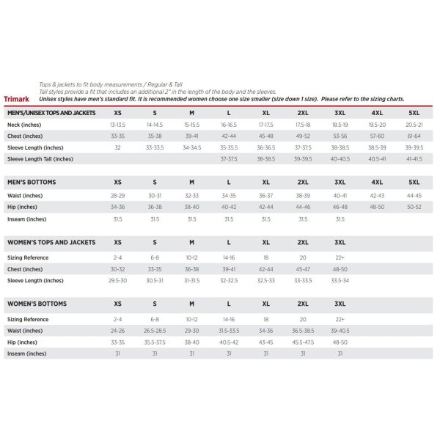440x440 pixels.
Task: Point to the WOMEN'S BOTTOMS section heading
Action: pos(37,304)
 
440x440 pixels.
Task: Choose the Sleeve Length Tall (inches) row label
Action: pos(40,158)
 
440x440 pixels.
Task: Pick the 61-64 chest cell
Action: pos(414,136)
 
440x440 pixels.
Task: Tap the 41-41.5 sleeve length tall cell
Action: pos(414,158)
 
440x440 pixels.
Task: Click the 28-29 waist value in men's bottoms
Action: pos(117,196)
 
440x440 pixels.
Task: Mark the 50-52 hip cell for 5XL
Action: pos(414,207)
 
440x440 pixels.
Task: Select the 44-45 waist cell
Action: pos(414,196)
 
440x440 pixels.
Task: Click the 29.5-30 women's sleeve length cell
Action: pos(117,280)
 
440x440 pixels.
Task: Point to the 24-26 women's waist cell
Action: pos(117,331)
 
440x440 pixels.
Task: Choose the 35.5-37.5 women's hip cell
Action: pos(155,342)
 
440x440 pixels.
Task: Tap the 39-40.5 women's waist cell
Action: pos(340,331)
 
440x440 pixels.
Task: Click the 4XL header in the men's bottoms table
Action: pos(377,182)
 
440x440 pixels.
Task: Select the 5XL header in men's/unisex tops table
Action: pos(414,114)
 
